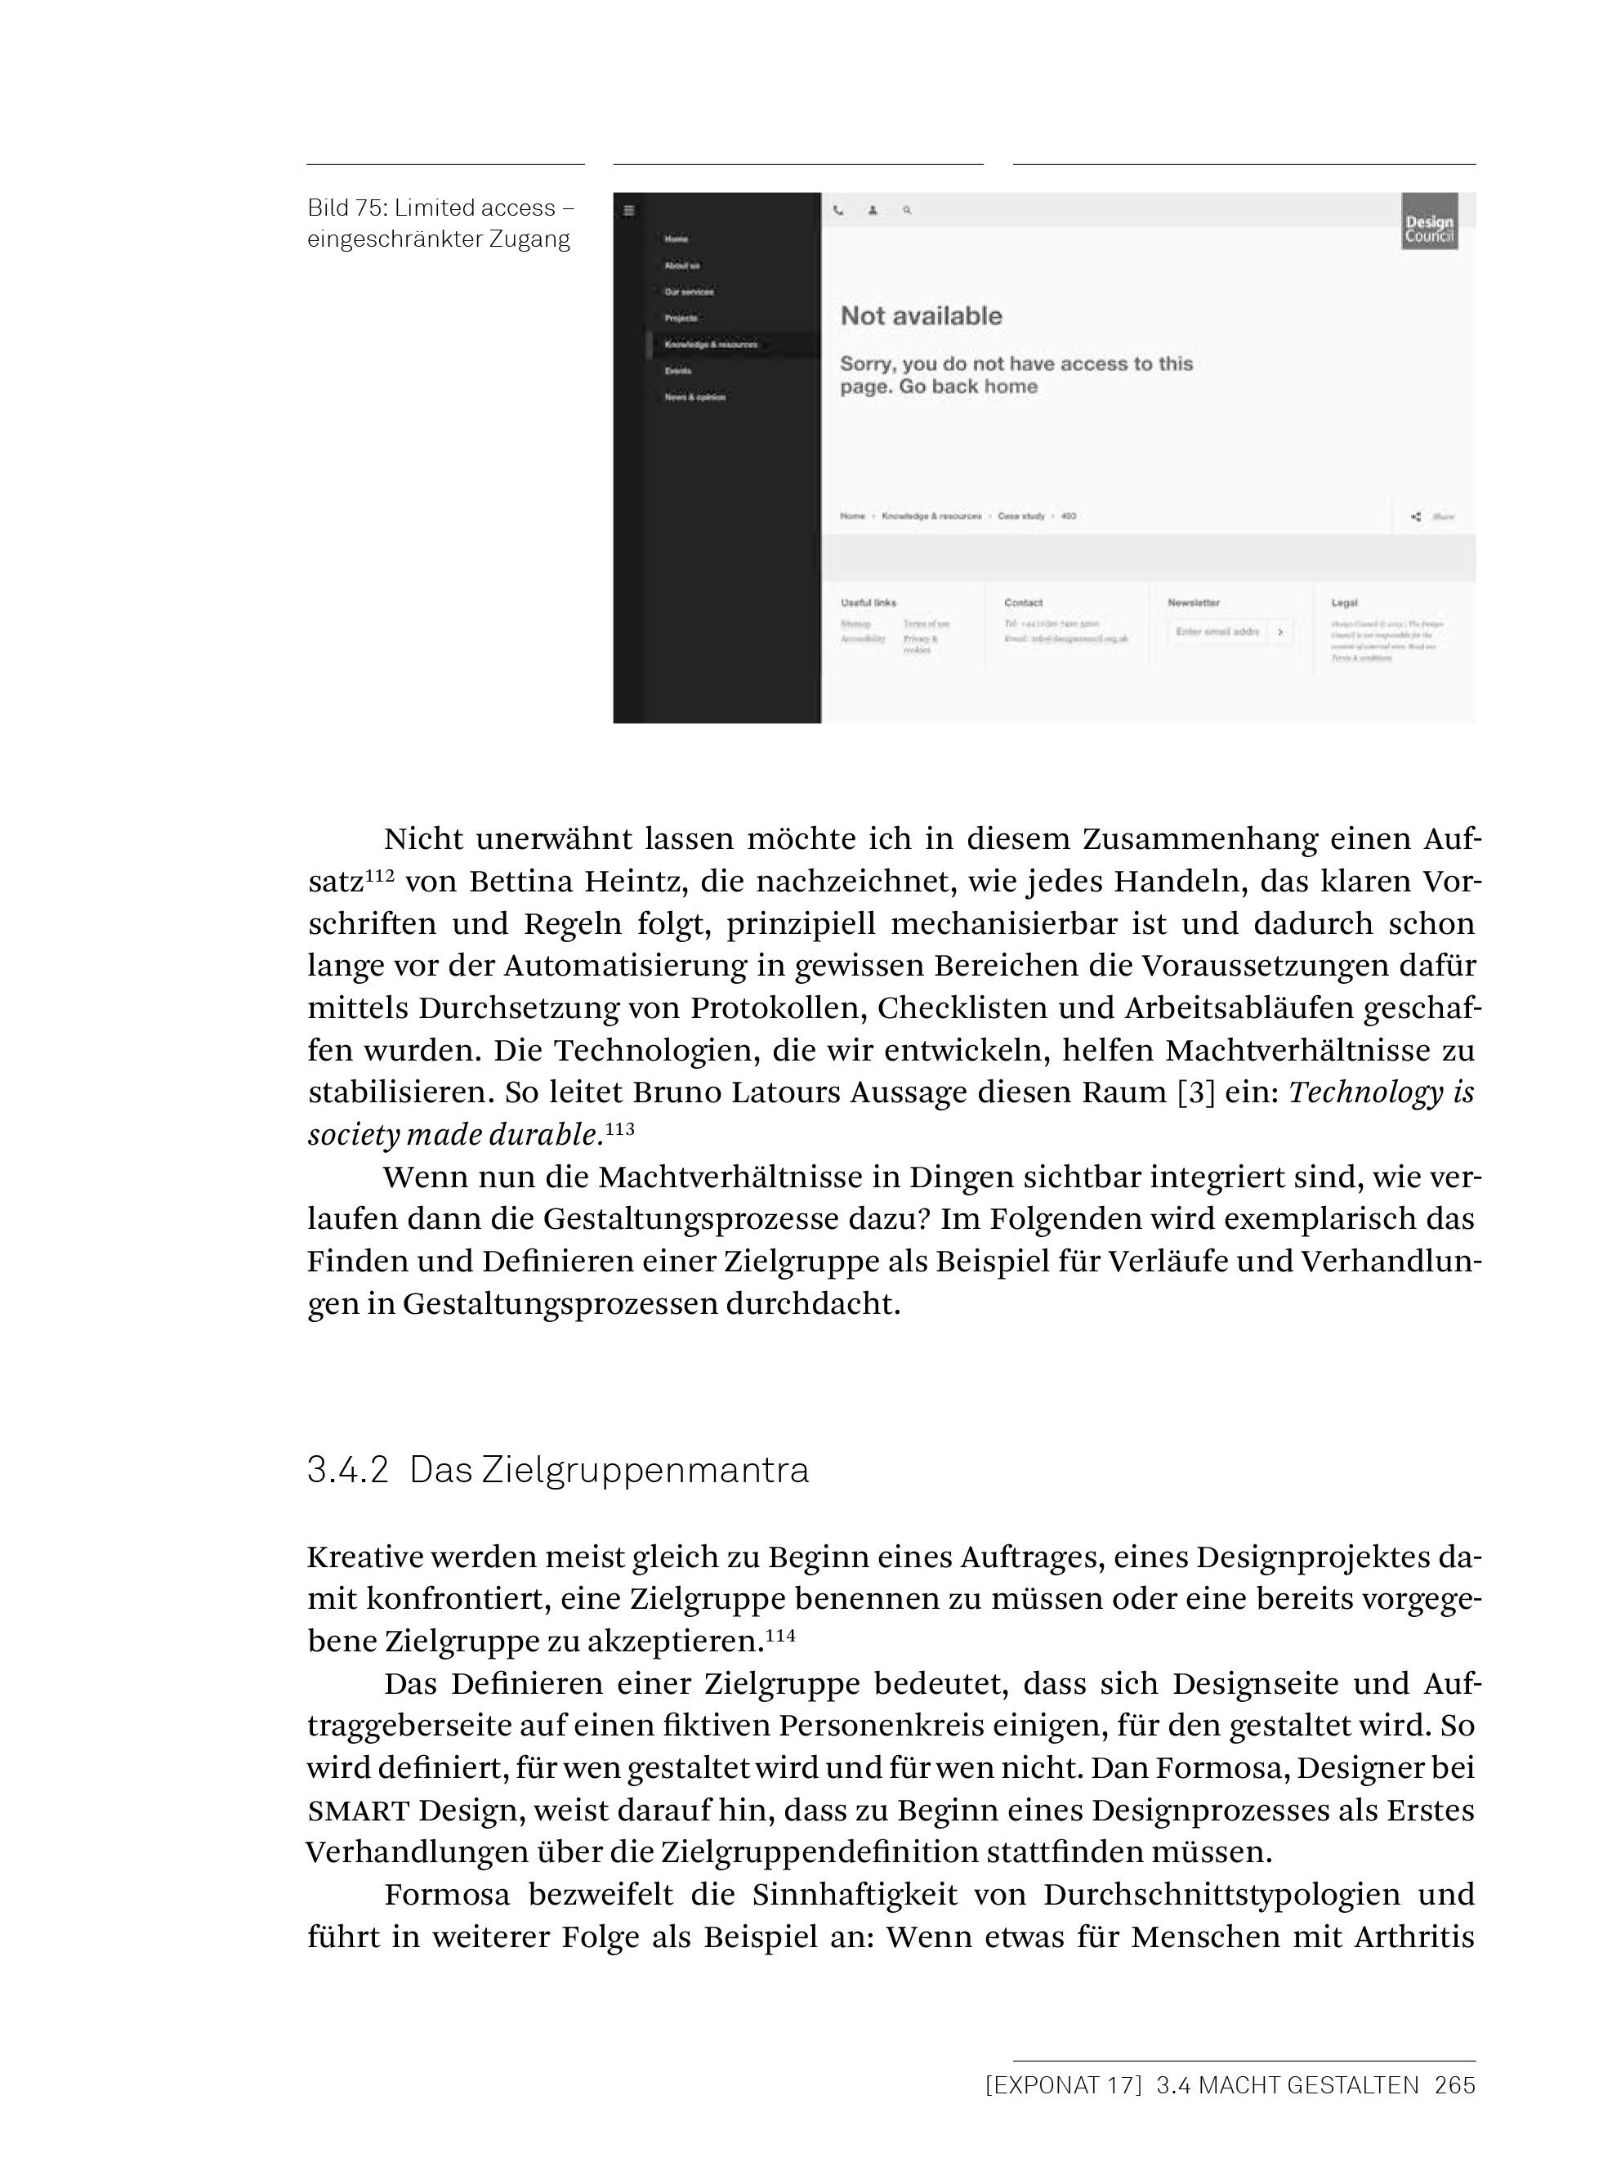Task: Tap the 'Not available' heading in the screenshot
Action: click(921, 315)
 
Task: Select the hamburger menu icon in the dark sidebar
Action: click(629, 210)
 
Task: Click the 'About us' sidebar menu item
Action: click(682, 266)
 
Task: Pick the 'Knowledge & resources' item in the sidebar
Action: click(710, 345)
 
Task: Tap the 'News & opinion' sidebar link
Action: click(694, 398)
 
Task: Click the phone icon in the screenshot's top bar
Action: click(838, 210)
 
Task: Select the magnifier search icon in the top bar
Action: click(907, 210)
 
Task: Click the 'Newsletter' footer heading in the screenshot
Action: click(1193, 603)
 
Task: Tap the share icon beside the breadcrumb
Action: click(1416, 517)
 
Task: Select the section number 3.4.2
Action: click(348, 1470)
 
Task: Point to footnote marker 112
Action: click(379, 876)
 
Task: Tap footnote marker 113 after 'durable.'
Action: click(619, 1129)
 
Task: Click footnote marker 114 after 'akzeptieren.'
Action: click(779, 1635)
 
